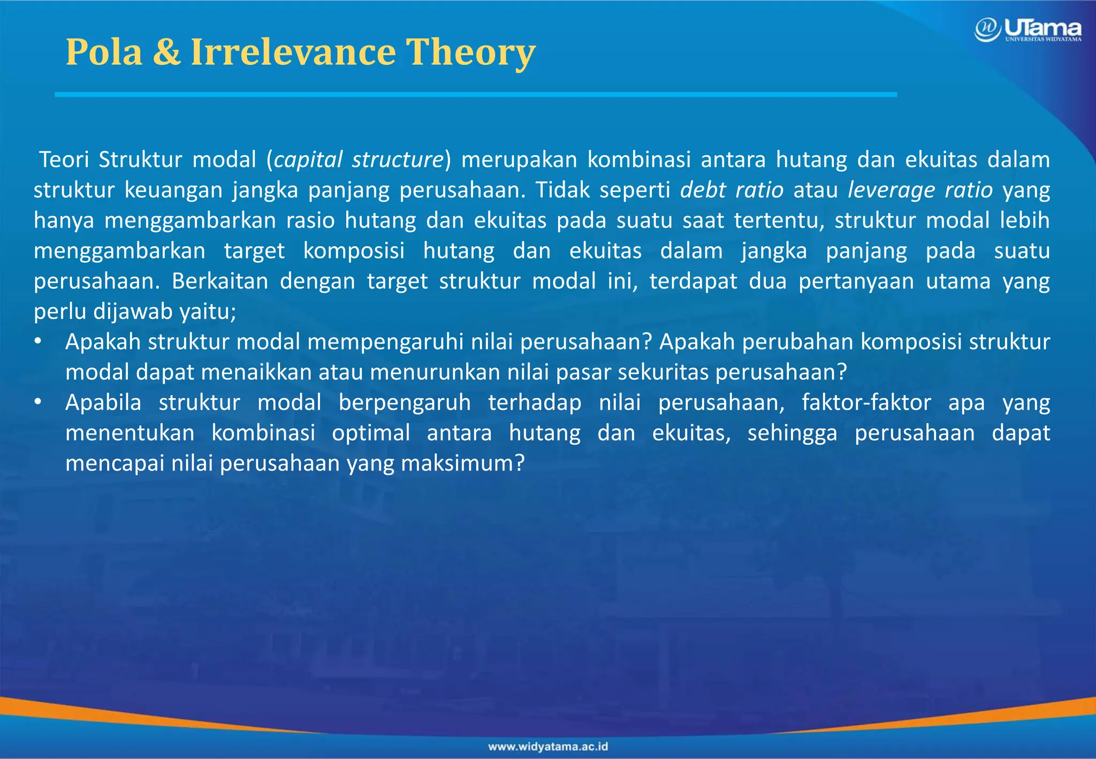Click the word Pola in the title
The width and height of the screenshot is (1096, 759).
(x=104, y=52)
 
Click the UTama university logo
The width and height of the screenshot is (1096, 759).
(x=1027, y=29)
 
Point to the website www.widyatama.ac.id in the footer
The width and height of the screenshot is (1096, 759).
(x=548, y=747)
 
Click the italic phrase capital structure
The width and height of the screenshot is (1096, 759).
(x=359, y=160)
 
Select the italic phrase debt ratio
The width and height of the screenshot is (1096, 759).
(x=732, y=190)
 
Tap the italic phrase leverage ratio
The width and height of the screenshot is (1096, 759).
(x=920, y=190)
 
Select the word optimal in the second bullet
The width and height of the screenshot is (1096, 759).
(x=371, y=433)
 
